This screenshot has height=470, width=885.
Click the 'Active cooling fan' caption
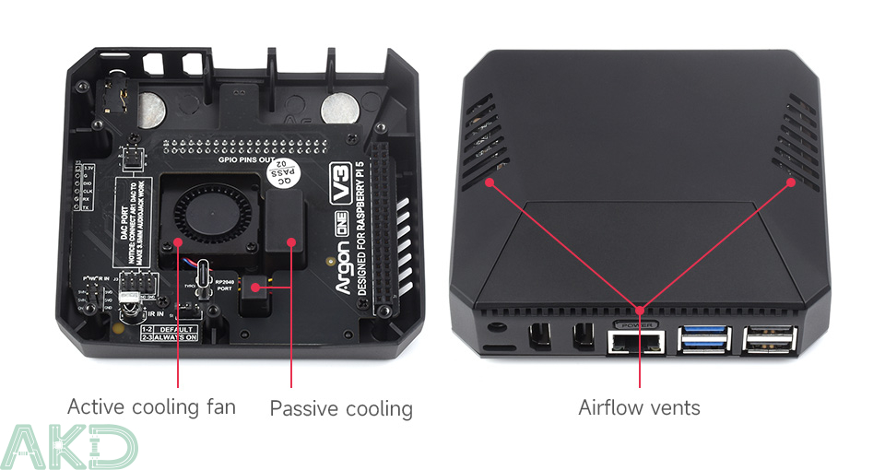pos(151,406)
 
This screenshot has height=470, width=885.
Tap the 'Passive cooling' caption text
pos(341,408)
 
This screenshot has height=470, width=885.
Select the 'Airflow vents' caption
pos(639,407)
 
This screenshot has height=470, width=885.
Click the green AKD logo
pos(69,446)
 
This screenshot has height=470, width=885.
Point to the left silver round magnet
pos(150,111)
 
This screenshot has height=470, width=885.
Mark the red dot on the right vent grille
pos(791,183)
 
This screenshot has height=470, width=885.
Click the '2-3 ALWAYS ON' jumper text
pos(169,337)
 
